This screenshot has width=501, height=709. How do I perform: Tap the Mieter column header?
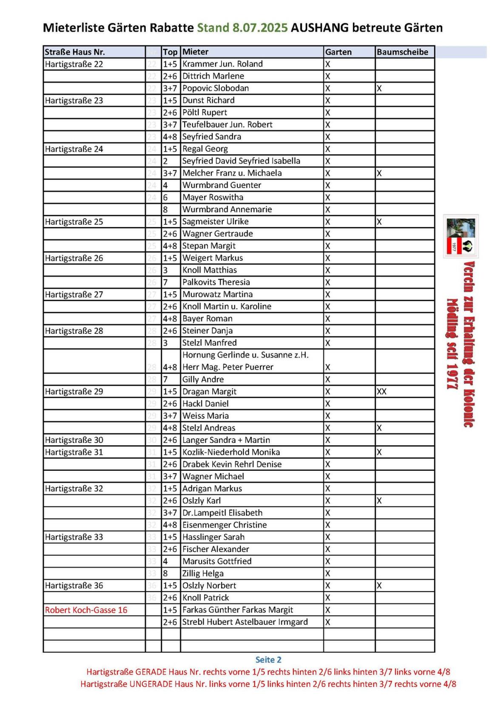coord(195,52)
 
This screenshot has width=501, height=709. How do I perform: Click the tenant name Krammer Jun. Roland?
coord(222,64)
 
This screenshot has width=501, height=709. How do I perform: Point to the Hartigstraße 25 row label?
coord(74,222)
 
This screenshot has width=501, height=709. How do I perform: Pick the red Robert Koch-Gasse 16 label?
coord(86,610)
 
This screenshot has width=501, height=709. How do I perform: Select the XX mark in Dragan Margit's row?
coord(381,392)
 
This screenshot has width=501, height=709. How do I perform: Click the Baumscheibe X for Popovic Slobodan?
coord(379,88)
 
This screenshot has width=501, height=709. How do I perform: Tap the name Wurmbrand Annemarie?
coord(227,210)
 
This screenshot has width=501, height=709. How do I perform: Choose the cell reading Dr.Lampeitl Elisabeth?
coord(222,513)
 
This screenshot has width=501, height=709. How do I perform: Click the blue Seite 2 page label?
coord(268,660)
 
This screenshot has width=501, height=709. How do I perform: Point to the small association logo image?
coord(461,236)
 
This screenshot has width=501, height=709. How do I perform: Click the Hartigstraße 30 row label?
coord(74,440)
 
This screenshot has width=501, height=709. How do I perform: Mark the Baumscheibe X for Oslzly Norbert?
coord(379,586)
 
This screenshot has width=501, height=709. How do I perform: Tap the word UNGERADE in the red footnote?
coord(148,684)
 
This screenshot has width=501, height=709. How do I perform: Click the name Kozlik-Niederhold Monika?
coord(231,452)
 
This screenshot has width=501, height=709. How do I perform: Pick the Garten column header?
coord(338,52)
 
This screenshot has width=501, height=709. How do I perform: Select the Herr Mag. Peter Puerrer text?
coord(228,367)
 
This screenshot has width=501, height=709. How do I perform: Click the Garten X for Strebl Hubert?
coord(327,622)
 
